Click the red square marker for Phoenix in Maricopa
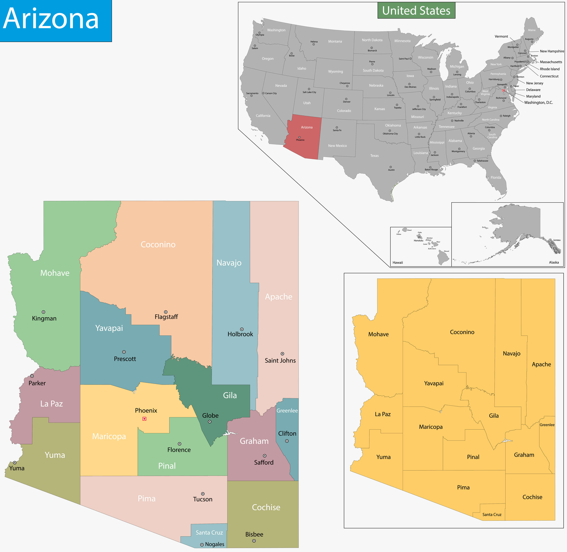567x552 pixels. pyautogui.click(x=144, y=419)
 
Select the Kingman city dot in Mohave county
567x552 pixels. pyautogui.click(x=44, y=312)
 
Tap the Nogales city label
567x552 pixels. pyautogui.click(x=214, y=544)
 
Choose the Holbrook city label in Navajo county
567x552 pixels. pyautogui.click(x=240, y=334)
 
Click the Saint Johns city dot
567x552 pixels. pyautogui.click(x=283, y=354)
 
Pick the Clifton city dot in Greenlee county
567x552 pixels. pyautogui.click(x=287, y=441)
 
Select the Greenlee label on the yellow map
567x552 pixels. pyautogui.click(x=547, y=425)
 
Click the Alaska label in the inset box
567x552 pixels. pyautogui.click(x=554, y=262)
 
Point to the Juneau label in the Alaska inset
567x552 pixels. pyautogui.click(x=557, y=240)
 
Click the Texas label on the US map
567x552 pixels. pyautogui.click(x=374, y=156)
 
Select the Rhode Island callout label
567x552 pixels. pyautogui.click(x=550, y=69)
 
